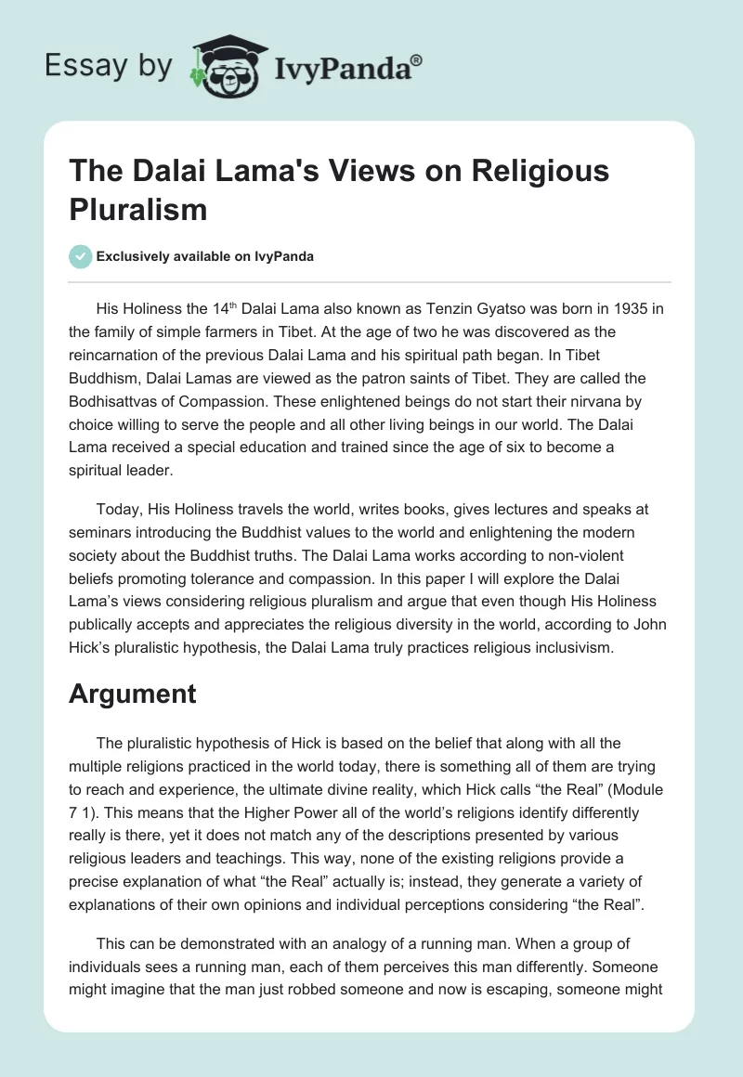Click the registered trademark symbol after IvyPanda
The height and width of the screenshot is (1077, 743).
(416, 60)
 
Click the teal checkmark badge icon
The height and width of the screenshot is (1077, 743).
(81, 256)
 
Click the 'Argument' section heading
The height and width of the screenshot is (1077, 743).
(132, 694)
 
